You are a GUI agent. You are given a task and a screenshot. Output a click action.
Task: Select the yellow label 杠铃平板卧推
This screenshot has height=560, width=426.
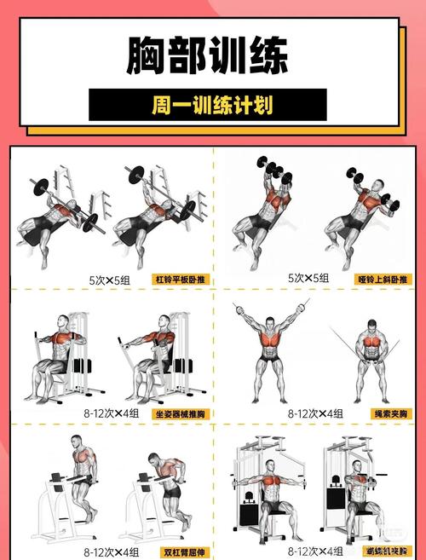tap(181, 279)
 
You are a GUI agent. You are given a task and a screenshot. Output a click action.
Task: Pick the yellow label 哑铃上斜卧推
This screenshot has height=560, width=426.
tap(382, 279)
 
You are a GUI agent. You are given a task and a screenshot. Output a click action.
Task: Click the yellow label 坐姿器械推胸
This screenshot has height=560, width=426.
tap(181, 413)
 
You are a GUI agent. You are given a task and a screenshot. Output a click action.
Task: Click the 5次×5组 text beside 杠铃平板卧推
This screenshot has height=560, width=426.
tap(109, 280)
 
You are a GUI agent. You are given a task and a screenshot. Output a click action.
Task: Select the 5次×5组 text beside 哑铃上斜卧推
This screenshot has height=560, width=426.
tap(308, 279)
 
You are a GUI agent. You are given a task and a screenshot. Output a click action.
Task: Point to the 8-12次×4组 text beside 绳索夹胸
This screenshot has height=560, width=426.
tap(315, 413)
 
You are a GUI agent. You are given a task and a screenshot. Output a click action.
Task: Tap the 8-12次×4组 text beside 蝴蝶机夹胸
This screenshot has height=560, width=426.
tap(315, 551)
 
